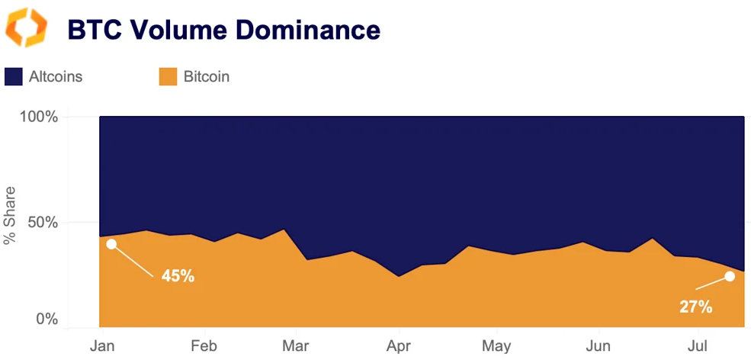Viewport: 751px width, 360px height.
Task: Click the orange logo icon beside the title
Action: pyautogui.click(x=27, y=28)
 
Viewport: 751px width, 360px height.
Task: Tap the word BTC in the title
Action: pyautogui.click(x=95, y=30)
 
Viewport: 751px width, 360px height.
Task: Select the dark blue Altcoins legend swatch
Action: pyautogui.click(x=14, y=76)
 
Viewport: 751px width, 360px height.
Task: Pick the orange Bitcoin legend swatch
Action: pyautogui.click(x=168, y=76)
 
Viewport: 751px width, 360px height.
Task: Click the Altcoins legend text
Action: pyautogui.click(x=56, y=76)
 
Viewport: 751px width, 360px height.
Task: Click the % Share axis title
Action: pyautogui.click(x=10, y=217)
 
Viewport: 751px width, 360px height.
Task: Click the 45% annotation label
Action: pyautogui.click(x=178, y=276)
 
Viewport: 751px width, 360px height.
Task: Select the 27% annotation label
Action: pyautogui.click(x=695, y=307)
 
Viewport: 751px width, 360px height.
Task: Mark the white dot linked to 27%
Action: pyautogui.click(x=730, y=276)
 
